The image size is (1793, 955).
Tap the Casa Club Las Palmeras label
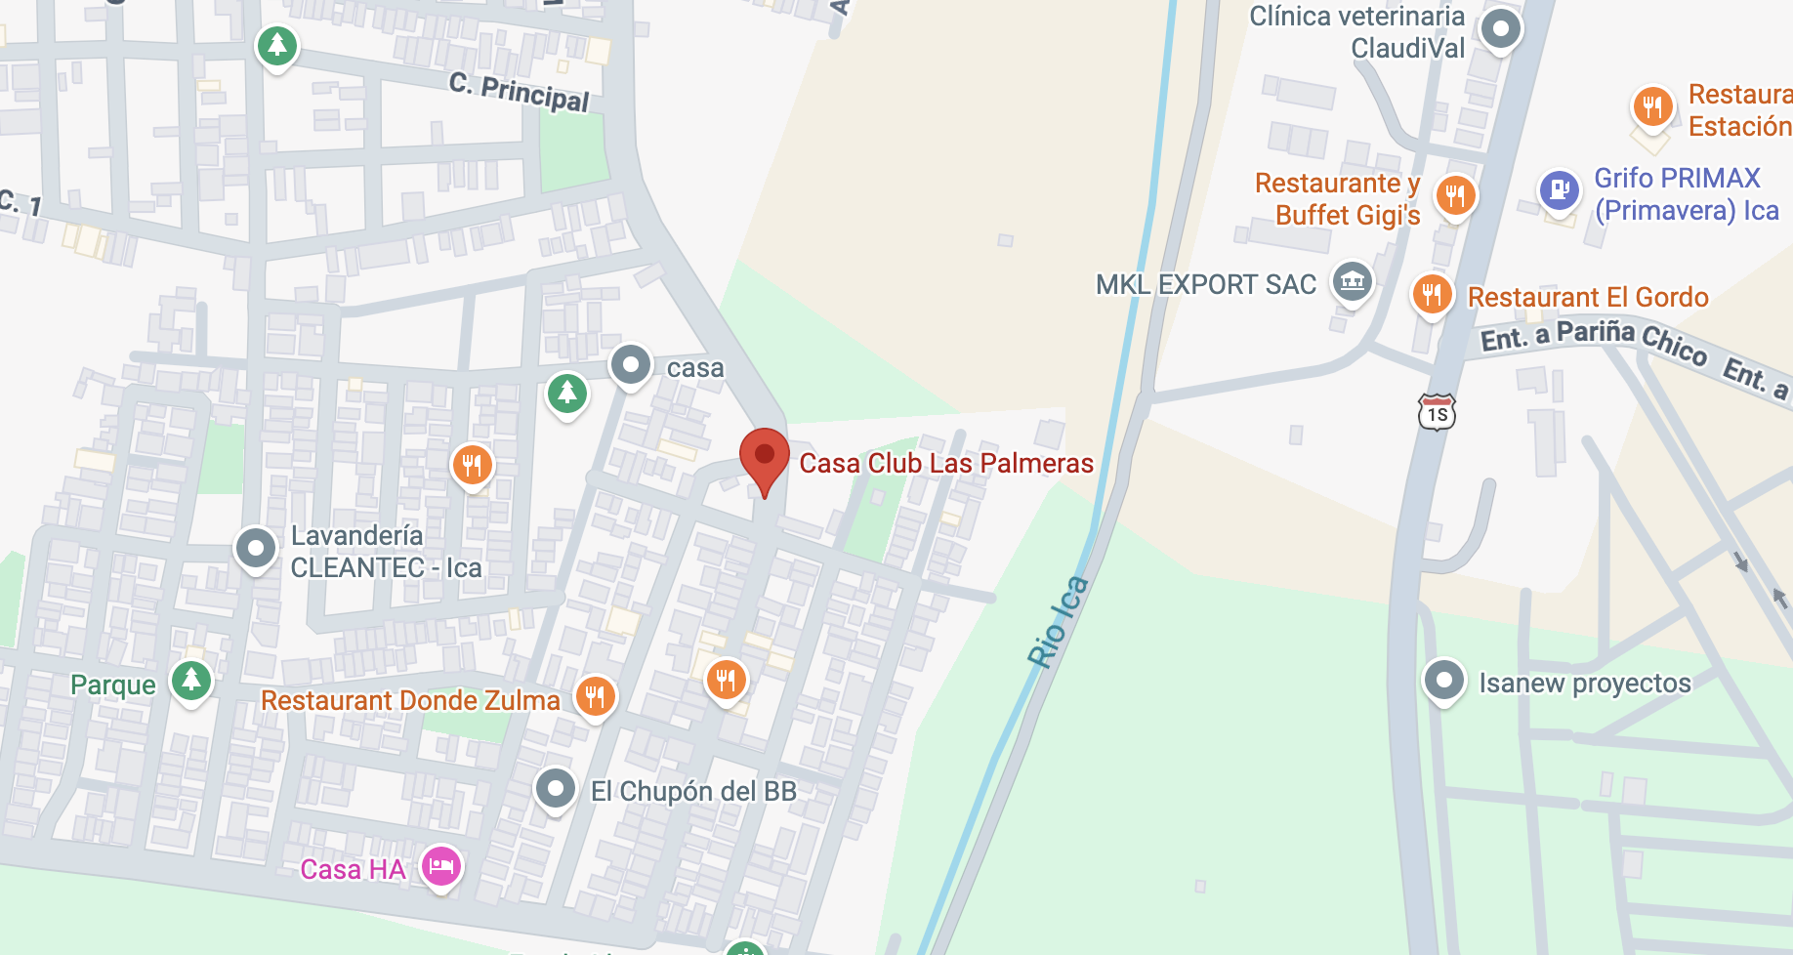pyautogui.click(x=945, y=463)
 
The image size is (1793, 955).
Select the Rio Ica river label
pyautogui.click(x=1058, y=622)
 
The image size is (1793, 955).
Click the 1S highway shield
pyautogui.click(x=1437, y=413)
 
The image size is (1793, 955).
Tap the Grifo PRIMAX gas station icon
pyautogui.click(x=1559, y=189)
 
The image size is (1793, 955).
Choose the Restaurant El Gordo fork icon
pyautogui.click(x=1432, y=293)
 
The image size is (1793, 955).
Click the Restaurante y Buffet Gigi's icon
pyautogui.click(x=1455, y=195)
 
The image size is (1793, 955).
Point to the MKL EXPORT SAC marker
pyautogui.click(x=1353, y=282)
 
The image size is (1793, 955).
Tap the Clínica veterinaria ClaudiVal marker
pyautogui.click(x=1501, y=28)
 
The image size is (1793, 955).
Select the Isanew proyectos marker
pyautogui.click(x=1443, y=680)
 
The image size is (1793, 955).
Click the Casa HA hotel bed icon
pyautogui.click(x=441, y=865)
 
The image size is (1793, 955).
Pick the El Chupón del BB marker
pyautogui.click(x=556, y=787)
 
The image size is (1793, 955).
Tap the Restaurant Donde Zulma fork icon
pyautogui.click(x=596, y=697)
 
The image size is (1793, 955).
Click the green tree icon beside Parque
pyautogui.click(x=191, y=679)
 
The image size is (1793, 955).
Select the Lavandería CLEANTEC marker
pyautogui.click(x=256, y=548)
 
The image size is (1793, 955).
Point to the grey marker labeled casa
pyautogui.click(x=631, y=365)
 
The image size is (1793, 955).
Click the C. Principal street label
pyautogui.click(x=520, y=93)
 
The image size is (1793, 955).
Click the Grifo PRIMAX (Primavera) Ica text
pyautogui.click(x=1686, y=194)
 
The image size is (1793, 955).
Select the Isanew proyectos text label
pyautogui.click(x=1584, y=683)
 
